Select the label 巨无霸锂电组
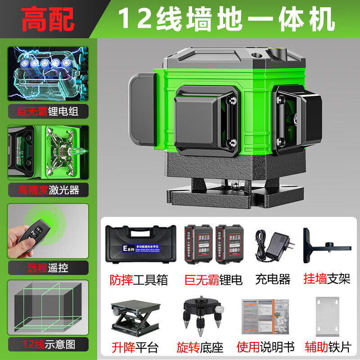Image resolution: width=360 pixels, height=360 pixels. coord(48,111)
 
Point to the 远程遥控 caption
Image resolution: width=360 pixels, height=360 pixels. coord(48,268)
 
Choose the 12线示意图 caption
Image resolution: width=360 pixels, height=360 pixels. coord(48,345)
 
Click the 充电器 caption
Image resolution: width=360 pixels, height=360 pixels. coord(272,280)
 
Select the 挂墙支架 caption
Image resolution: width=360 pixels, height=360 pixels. coord(327,280)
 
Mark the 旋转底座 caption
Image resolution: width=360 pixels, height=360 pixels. coord(202,347)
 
